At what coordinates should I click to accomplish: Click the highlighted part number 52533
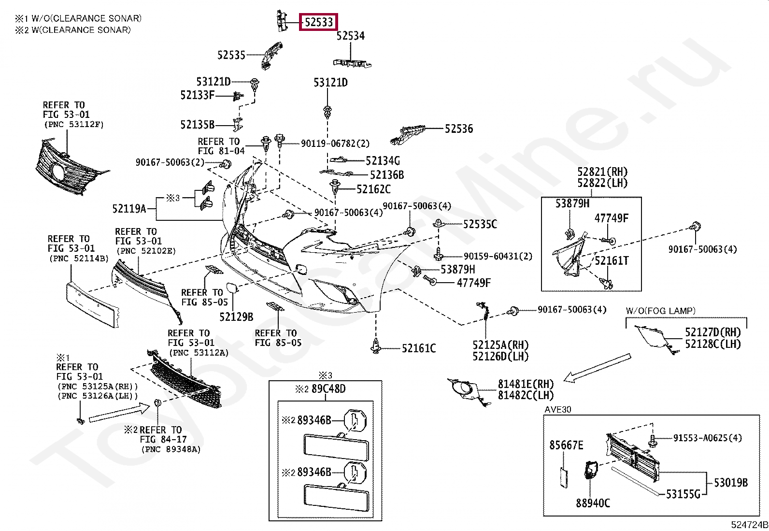(x=319, y=22)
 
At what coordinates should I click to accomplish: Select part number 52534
(x=351, y=36)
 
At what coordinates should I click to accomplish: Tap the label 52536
(x=459, y=129)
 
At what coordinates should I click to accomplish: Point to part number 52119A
(x=129, y=208)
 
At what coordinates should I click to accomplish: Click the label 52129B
(x=236, y=316)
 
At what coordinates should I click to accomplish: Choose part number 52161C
(x=419, y=348)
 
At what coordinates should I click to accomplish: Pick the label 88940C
(x=593, y=503)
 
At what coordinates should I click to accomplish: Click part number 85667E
(x=566, y=445)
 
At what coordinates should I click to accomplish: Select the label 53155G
(x=683, y=494)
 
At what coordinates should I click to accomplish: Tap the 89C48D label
(x=328, y=389)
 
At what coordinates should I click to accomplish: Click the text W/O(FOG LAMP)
(x=661, y=311)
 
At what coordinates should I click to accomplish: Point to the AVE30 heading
(x=558, y=409)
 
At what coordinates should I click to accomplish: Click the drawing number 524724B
(x=749, y=525)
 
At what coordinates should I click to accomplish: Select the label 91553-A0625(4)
(x=708, y=438)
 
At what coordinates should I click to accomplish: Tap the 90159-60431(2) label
(x=498, y=256)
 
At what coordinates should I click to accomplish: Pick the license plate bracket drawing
(x=93, y=305)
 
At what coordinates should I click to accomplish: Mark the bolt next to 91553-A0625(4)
(x=653, y=440)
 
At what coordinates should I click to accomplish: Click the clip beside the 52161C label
(x=376, y=346)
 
